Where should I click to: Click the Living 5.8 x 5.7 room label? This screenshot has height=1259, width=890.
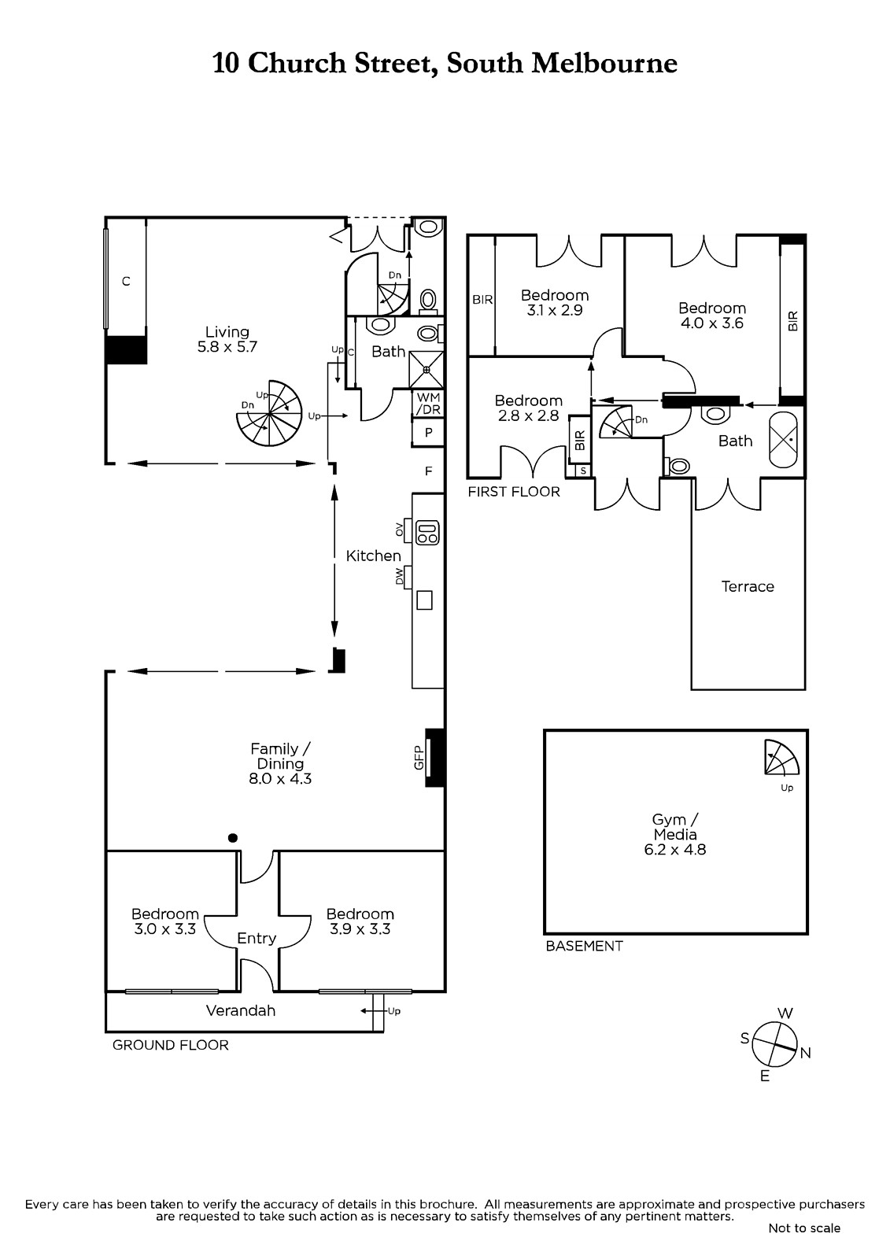(x=227, y=339)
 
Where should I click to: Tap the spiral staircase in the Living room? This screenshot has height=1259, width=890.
(x=269, y=414)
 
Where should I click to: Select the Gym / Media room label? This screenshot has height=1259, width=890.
(x=674, y=834)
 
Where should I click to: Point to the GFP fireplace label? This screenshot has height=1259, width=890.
(x=419, y=757)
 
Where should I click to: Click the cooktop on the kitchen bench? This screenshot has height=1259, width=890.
(x=427, y=533)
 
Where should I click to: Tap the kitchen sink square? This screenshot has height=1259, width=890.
(x=424, y=600)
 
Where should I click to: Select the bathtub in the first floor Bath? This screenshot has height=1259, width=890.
(x=783, y=441)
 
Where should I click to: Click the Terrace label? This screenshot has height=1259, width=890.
(x=748, y=587)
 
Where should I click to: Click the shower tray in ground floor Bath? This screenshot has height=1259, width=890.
(x=427, y=369)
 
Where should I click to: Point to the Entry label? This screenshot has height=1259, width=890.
(x=257, y=939)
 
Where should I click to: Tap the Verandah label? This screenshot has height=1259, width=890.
(x=241, y=1011)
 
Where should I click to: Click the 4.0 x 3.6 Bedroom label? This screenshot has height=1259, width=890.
(x=712, y=316)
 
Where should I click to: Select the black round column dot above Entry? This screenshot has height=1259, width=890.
(x=233, y=838)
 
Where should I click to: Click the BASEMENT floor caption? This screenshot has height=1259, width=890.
(x=584, y=947)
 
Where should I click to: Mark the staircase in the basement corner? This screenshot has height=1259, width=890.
(x=781, y=757)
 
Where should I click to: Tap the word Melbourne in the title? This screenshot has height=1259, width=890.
(x=604, y=63)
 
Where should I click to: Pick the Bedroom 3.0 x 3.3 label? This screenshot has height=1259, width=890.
(x=164, y=921)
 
